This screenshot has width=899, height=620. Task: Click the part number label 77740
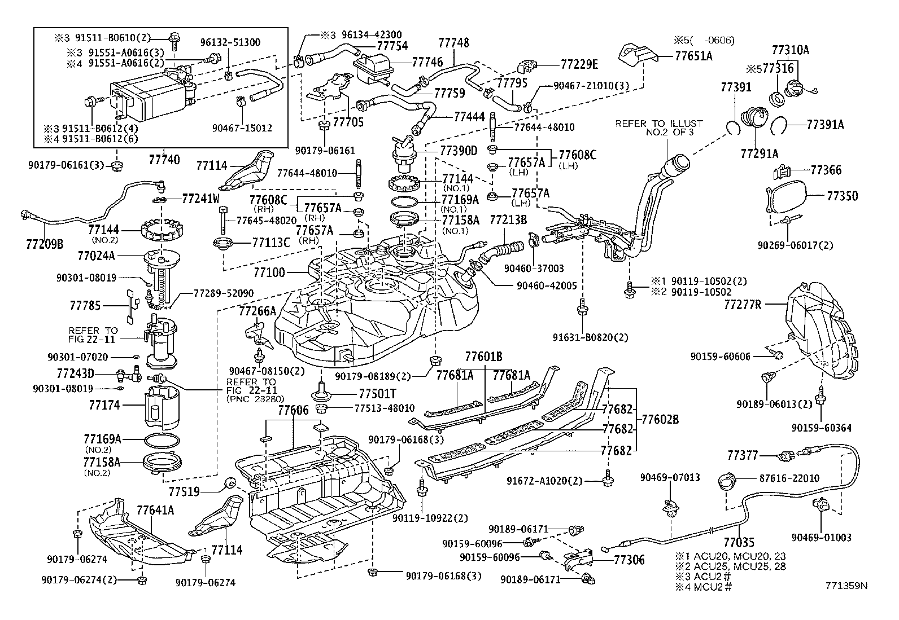(x=165, y=160)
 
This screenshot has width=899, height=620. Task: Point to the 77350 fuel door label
(x=842, y=196)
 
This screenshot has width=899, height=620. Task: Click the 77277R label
(x=743, y=305)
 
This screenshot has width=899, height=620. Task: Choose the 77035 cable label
(x=738, y=543)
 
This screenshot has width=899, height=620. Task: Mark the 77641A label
(x=155, y=511)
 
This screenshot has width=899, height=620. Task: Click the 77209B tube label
(x=45, y=244)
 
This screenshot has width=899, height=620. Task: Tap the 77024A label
(x=96, y=256)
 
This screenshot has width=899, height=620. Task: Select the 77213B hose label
(x=508, y=219)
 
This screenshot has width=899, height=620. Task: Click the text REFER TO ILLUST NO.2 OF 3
(x=659, y=127)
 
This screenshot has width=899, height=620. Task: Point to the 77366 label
(x=826, y=170)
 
